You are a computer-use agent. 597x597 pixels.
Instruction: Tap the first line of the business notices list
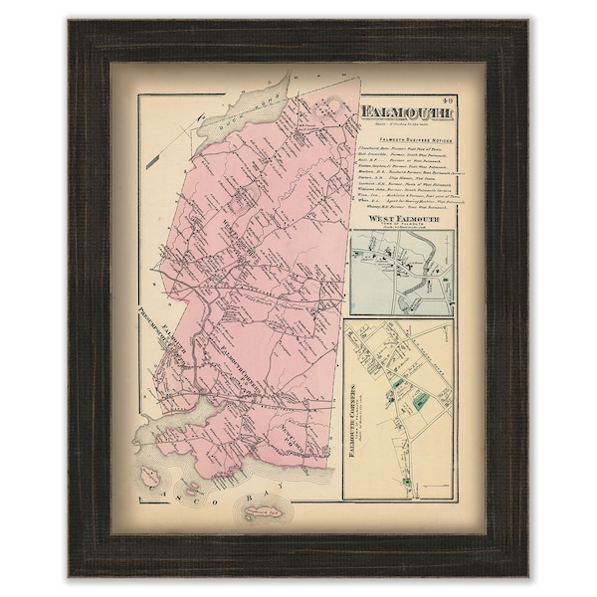[x=403, y=152]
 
